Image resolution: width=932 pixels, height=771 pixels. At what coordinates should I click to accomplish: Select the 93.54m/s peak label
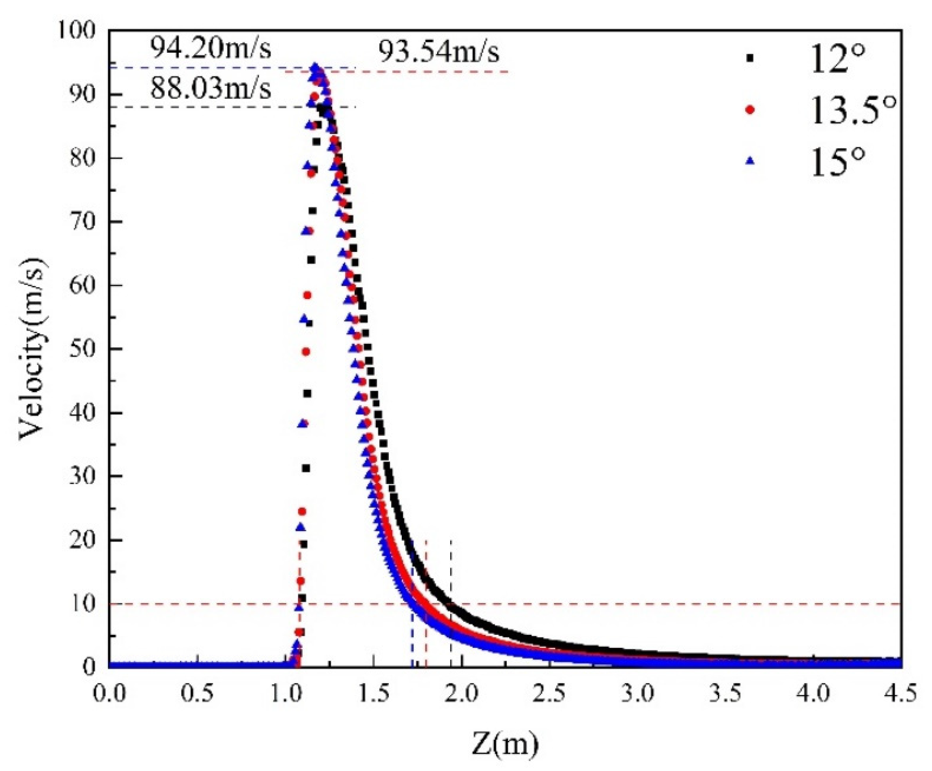[439, 53]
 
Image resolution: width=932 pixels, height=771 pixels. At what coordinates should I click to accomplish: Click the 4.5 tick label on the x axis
[902, 693]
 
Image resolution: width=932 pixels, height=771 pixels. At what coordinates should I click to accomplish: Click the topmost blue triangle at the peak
[315, 67]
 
